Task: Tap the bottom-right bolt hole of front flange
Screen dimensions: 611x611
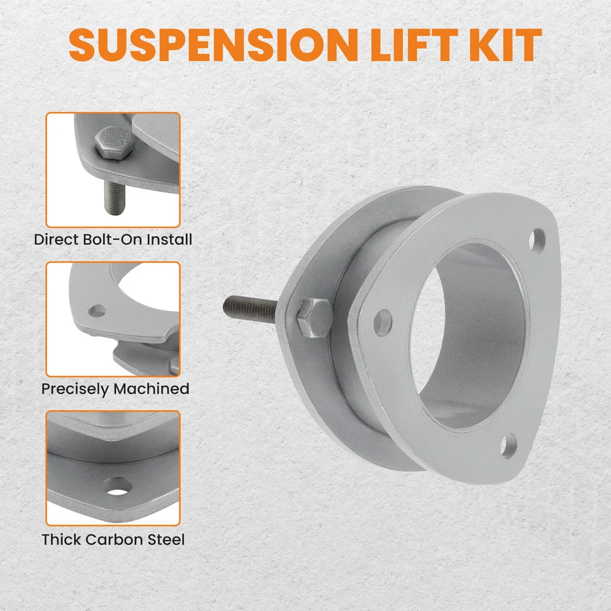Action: tap(508, 446)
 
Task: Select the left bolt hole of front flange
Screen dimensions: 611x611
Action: tap(383, 322)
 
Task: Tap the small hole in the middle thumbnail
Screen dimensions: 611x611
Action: tap(97, 311)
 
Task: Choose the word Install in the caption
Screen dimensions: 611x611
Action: tap(169, 240)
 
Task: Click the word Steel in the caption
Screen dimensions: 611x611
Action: tap(165, 540)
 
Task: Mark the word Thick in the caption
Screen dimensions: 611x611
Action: tap(61, 540)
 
